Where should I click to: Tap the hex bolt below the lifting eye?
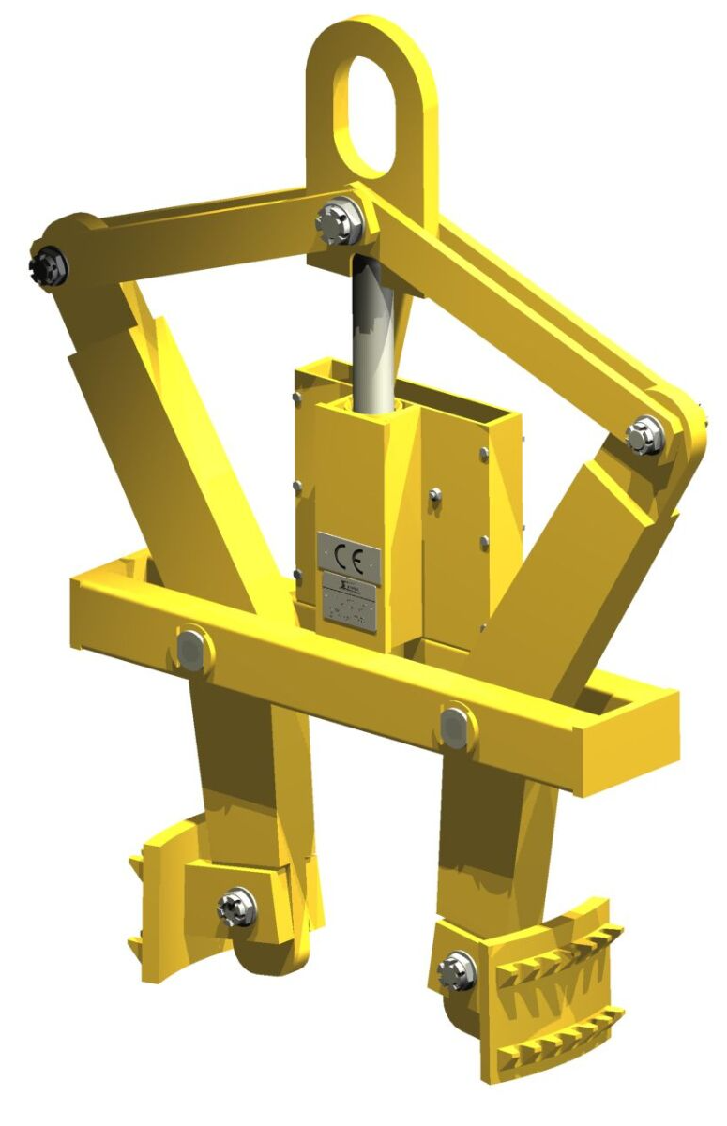[341, 221]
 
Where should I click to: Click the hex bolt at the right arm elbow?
[645, 436]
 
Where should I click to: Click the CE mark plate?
[349, 554]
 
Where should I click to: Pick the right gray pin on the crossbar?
[454, 727]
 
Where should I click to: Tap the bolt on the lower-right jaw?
[457, 966]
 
